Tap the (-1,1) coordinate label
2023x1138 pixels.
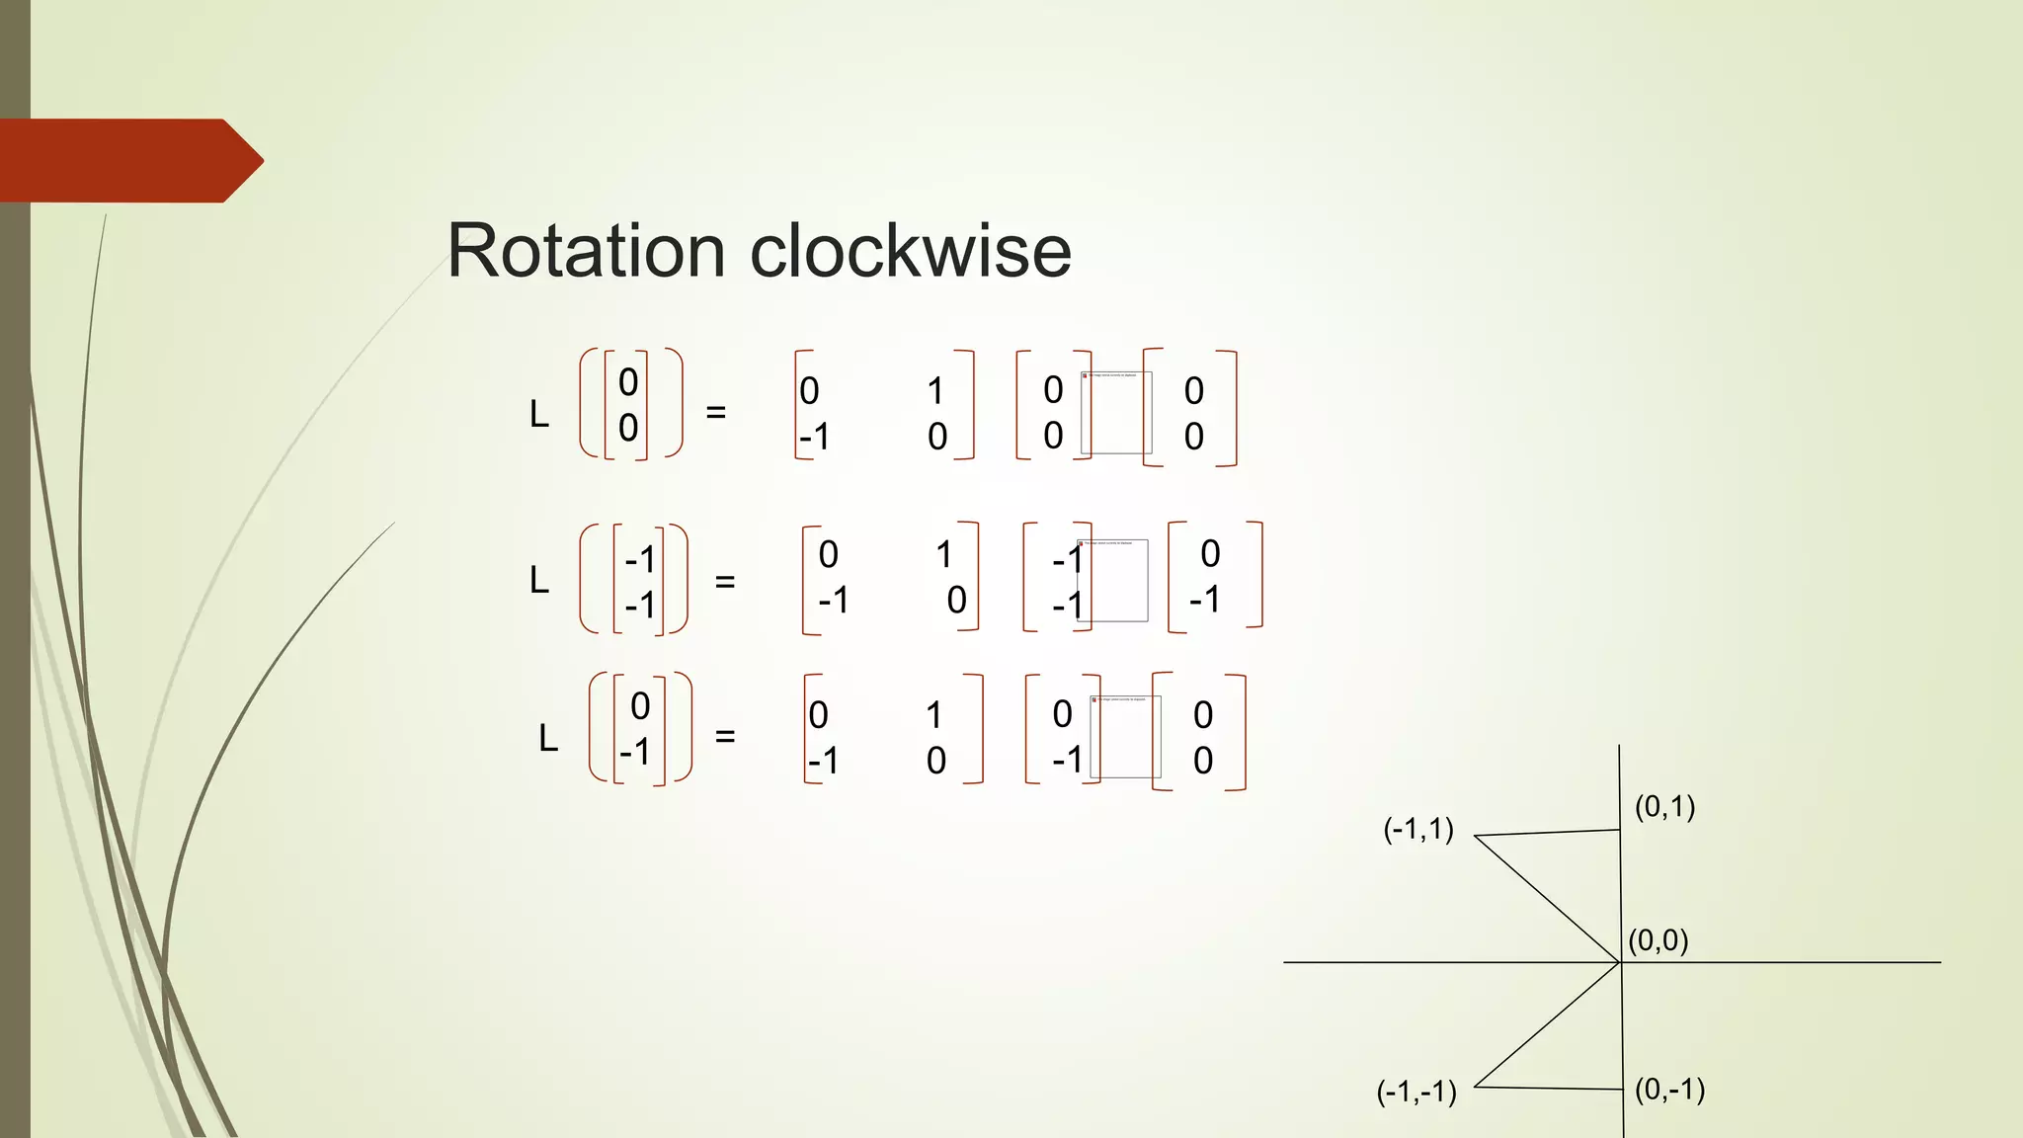pos(1417,829)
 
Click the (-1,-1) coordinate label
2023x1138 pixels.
pos(1416,1092)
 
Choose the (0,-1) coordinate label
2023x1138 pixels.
pos(1669,1090)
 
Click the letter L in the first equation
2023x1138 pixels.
pos(539,415)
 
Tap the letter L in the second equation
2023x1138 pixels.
pos(539,581)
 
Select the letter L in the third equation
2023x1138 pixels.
pos(548,738)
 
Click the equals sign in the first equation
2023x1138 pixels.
pos(716,412)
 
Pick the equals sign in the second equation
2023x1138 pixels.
pos(725,582)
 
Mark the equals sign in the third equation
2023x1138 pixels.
pos(725,736)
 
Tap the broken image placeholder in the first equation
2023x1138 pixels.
pos(1116,413)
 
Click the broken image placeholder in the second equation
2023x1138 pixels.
pos(1113,580)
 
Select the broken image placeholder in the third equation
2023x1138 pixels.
pos(1125,737)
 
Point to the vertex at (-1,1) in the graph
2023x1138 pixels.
pos(1475,837)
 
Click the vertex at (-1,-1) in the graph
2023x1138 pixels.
pos(1475,1087)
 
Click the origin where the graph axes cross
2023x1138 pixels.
pos(1621,962)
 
